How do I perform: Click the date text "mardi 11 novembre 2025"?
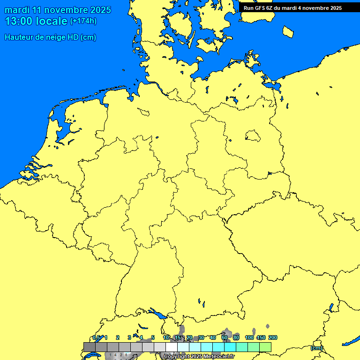pos(58,10)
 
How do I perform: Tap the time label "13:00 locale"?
pos(36,21)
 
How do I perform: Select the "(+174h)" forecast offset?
pos(83,21)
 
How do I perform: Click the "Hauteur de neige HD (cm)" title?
pos(50,37)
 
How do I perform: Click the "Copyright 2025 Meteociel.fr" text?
pos(199,357)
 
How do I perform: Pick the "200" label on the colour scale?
pos(273,337)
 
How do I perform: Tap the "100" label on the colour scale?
pos(249,337)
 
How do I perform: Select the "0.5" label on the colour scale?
pos(96,337)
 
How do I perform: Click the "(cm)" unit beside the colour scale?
pos(316,348)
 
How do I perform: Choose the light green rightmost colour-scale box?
pos(265,347)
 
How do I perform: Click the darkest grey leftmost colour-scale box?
pos(89,347)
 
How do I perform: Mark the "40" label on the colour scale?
pos(213,337)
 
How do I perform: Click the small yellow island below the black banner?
pos(288,31)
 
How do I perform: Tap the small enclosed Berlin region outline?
pos(253,136)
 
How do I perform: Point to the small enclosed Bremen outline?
pos(143,112)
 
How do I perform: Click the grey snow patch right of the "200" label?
pos(268,326)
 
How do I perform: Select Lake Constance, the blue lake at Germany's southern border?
pos(157,313)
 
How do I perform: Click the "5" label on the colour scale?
pos(153,337)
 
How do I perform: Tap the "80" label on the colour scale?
pos(236,337)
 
